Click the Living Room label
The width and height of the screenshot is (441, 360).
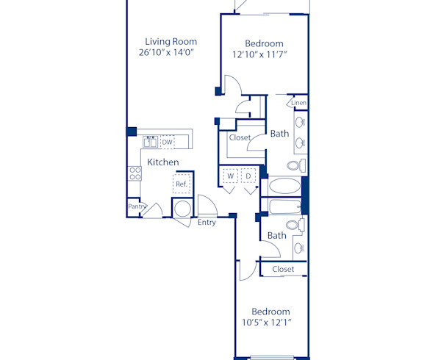point(171,42)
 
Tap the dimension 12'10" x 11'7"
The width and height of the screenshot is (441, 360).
point(259,54)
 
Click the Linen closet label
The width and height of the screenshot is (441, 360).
point(298,103)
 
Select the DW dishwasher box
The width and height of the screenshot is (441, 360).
point(168,143)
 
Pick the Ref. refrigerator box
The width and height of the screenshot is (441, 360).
point(181,184)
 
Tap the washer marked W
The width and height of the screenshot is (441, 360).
point(230,176)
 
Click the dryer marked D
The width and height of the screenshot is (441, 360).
point(248,176)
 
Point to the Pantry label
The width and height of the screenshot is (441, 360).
point(136,207)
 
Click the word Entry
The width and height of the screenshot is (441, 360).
point(207,223)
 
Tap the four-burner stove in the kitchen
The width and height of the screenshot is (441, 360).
point(135,173)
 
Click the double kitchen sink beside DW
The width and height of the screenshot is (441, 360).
point(151,143)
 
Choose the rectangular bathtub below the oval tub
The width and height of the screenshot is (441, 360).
point(284,206)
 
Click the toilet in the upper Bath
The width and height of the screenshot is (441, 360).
point(295,165)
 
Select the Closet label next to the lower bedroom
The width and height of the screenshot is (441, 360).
point(283,270)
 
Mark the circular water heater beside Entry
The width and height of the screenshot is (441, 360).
point(182,208)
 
